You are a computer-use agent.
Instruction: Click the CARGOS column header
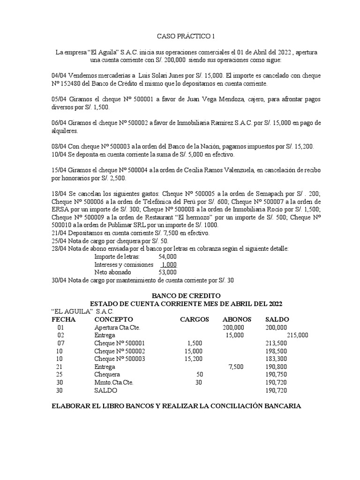[194, 319]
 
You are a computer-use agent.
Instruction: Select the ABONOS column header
[237, 319]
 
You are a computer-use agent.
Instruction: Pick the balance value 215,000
[297, 335]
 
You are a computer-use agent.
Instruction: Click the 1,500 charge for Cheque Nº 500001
[195, 343]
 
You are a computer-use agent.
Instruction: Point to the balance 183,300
[276, 359]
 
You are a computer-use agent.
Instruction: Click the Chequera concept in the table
[107, 375]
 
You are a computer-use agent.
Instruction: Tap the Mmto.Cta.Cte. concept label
[113, 382]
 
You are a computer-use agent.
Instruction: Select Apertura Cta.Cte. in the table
[117, 327]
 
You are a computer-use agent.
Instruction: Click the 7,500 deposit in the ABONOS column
[236, 367]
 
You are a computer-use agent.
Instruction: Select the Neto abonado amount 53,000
[168, 272]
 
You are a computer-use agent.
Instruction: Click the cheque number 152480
[75, 83]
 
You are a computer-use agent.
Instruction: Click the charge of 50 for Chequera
[200, 375]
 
